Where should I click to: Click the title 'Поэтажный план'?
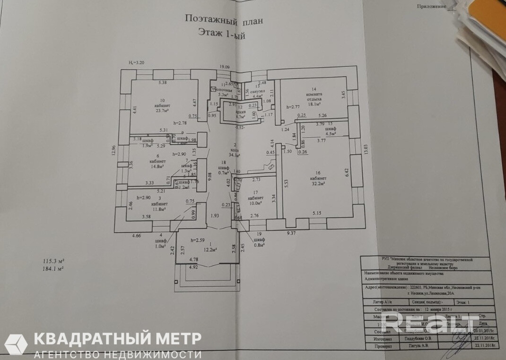point(221,20)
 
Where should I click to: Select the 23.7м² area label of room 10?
point(163,111)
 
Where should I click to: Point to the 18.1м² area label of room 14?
point(314,105)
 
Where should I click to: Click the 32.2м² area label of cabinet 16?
point(316,183)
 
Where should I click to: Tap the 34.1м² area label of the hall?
point(235,155)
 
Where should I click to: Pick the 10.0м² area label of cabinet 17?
point(255,203)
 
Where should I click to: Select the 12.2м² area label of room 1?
point(209,249)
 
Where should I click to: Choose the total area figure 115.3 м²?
point(53,261)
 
